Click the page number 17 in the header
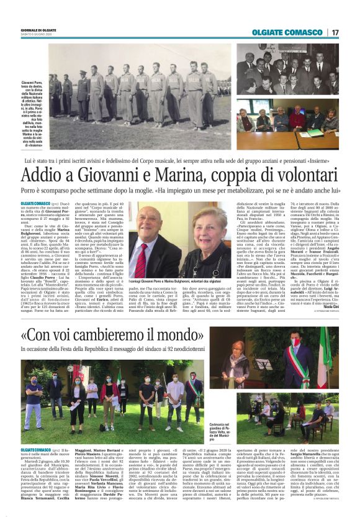coord(335,32)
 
